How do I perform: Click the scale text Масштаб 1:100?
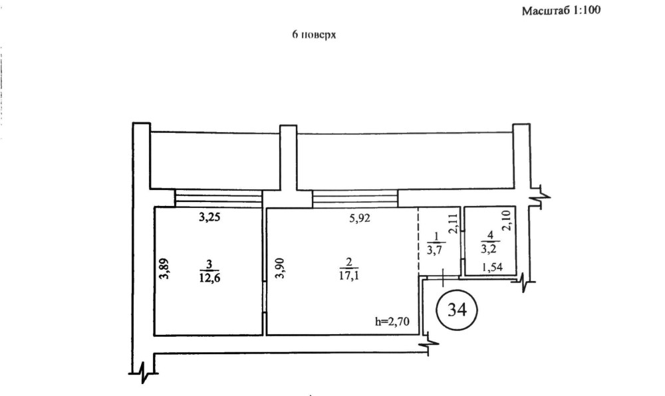(561, 11)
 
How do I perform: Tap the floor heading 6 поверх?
(314, 36)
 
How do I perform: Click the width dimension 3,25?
(211, 216)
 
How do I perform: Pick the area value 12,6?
(210, 278)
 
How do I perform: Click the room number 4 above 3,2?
(489, 236)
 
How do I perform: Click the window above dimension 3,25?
(218, 198)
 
